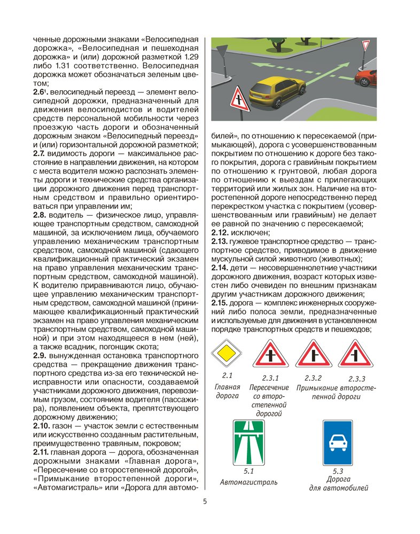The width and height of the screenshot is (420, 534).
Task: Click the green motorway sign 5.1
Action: pyautogui.click(x=248, y=443)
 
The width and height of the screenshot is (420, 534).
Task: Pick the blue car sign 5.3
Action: pyautogui.click(x=337, y=443)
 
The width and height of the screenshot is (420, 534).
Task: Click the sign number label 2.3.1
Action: pyautogui.click(x=271, y=378)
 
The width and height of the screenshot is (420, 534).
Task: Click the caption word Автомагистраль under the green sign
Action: pyautogui.click(x=248, y=482)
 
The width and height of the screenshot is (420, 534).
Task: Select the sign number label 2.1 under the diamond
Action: pyautogui.click(x=226, y=375)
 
